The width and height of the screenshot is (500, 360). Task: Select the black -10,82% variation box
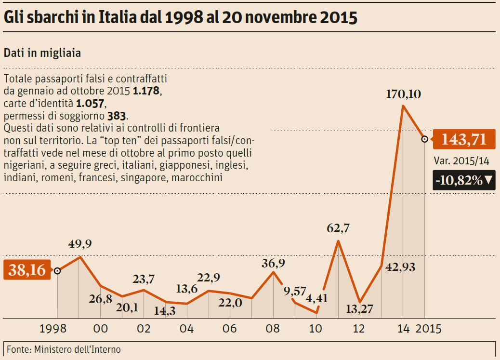(463, 180)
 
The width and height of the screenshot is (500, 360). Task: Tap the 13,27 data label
(359, 309)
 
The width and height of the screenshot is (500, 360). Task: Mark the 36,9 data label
(273, 263)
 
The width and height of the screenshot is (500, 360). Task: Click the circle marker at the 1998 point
(57, 271)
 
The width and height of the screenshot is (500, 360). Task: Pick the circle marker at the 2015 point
(424, 139)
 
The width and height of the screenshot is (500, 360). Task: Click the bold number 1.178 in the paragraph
(146, 91)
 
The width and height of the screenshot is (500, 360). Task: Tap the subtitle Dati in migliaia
(42, 53)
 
